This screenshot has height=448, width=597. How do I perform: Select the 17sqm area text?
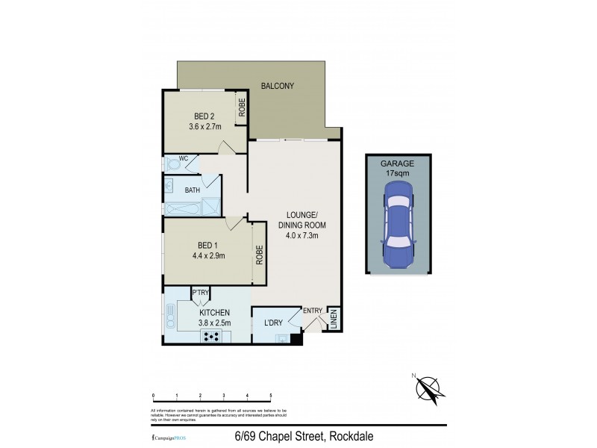point(397,172)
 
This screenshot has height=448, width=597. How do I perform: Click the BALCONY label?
point(277,86)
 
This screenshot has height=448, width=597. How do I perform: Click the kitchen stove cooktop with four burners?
point(212,336)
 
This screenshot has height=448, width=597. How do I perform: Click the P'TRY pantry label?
point(200,293)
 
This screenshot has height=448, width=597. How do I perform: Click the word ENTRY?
point(312,311)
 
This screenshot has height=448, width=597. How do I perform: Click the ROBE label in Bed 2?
point(242,109)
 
